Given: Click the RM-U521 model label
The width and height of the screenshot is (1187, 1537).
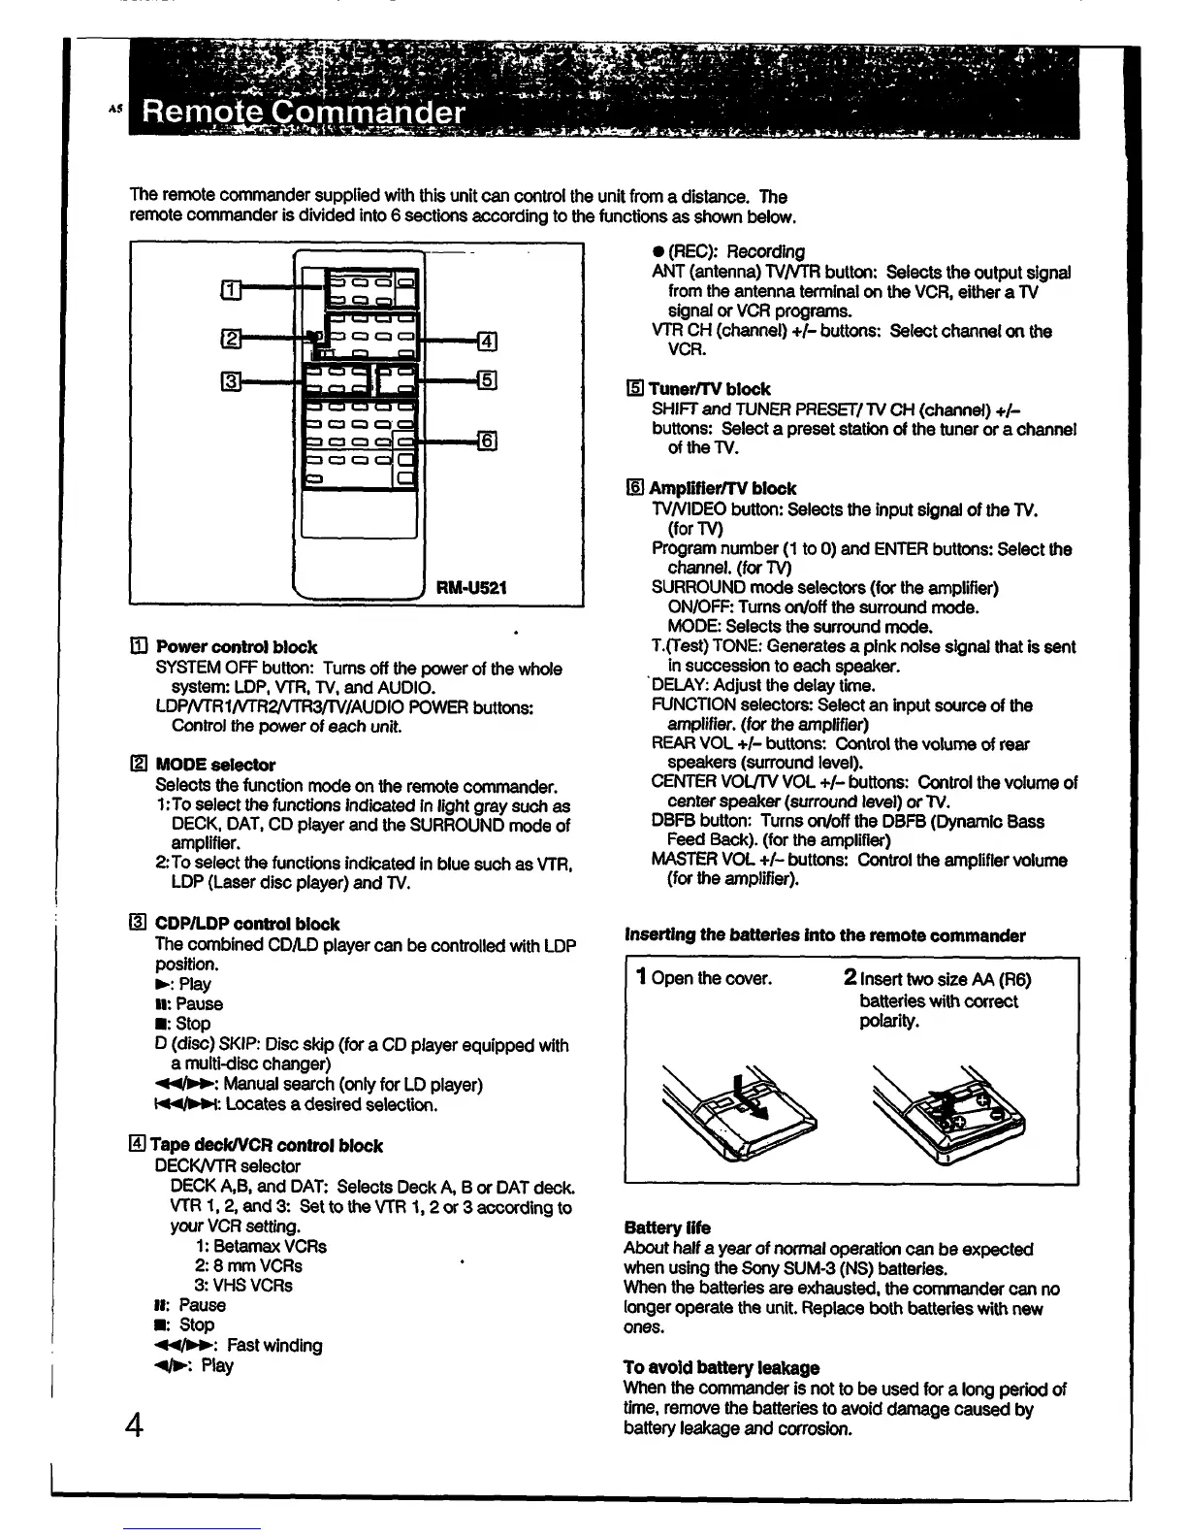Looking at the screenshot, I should pos(471,588).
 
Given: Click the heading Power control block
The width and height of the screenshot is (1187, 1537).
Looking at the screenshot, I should pos(236,647).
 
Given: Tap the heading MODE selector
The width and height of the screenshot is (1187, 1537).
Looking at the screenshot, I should pos(214,765).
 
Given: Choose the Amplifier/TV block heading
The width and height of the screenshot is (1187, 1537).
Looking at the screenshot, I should pos(722,488).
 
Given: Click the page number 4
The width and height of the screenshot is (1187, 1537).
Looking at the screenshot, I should pos(135,1426).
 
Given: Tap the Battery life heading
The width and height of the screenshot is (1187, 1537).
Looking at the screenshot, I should pos(667,1227).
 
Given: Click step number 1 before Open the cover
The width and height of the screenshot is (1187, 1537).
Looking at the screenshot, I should pos(641,977).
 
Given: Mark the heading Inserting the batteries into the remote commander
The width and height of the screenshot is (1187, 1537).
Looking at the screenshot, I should pos(824,935).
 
